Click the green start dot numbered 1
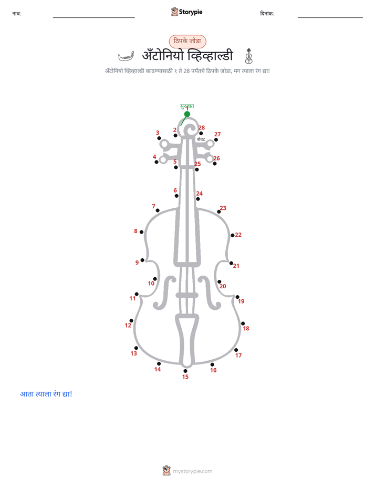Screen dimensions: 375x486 (x=187, y=114)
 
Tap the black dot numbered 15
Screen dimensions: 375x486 (x=185, y=371)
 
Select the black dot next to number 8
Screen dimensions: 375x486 (x=141, y=232)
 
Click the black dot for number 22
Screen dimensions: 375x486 (x=232, y=235)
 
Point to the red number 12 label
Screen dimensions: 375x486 (x=128, y=325)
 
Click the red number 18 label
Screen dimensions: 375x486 (x=246, y=328)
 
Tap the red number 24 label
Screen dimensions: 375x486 (x=199, y=194)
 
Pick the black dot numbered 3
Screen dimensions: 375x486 (x=159, y=138)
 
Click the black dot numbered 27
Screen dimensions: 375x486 (x=216, y=140)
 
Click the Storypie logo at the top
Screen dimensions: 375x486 (x=186, y=12)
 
